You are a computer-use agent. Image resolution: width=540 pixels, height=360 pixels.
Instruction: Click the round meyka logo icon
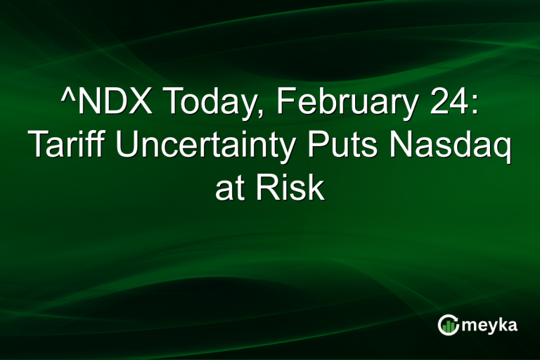coord(448,324)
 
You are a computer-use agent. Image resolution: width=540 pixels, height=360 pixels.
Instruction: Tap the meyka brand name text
coord(491,326)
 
